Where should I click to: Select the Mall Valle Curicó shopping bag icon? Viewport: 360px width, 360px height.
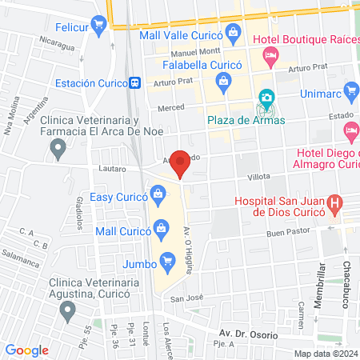(234, 33)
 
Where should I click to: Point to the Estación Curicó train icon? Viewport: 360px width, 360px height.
(137, 82)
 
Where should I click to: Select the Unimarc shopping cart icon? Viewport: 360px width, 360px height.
(350, 90)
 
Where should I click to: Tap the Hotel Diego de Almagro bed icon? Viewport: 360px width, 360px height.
(350, 130)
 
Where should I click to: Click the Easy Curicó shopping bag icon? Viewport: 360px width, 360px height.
(158, 193)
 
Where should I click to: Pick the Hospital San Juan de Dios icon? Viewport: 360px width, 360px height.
(336, 203)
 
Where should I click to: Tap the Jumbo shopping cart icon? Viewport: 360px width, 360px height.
(167, 259)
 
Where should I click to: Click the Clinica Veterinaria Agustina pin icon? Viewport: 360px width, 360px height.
(68, 309)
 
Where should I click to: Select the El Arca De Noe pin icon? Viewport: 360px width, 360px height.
(57, 147)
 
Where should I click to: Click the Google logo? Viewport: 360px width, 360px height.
(27, 350)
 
